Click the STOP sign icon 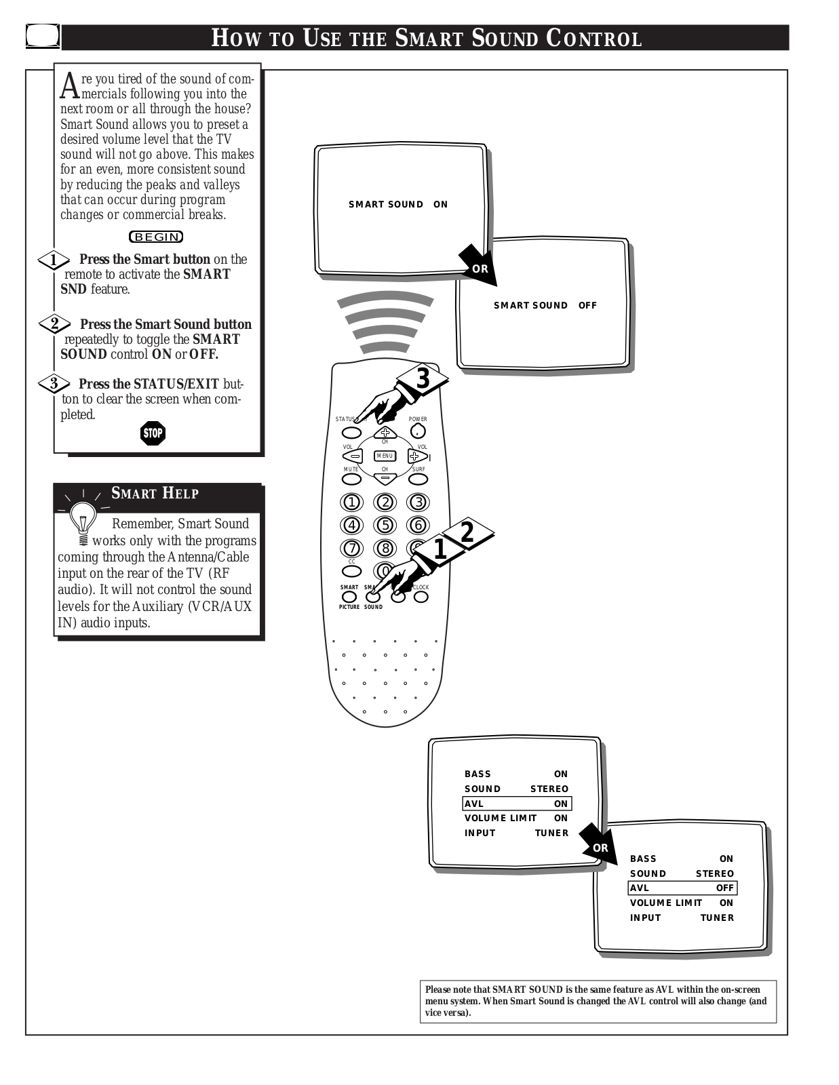click(x=153, y=433)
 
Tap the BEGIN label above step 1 click(x=156, y=237)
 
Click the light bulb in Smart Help click(x=83, y=524)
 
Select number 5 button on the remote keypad click(x=385, y=525)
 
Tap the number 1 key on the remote click(x=351, y=502)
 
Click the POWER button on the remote click(x=418, y=431)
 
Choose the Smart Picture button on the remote click(x=349, y=597)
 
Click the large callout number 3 click(x=423, y=378)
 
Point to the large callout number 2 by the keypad click(x=467, y=532)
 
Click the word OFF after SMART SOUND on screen click(x=587, y=306)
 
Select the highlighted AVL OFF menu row click(x=682, y=888)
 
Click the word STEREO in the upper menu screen click(x=549, y=789)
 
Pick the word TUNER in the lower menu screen click(x=717, y=918)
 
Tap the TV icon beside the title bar click(x=43, y=37)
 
